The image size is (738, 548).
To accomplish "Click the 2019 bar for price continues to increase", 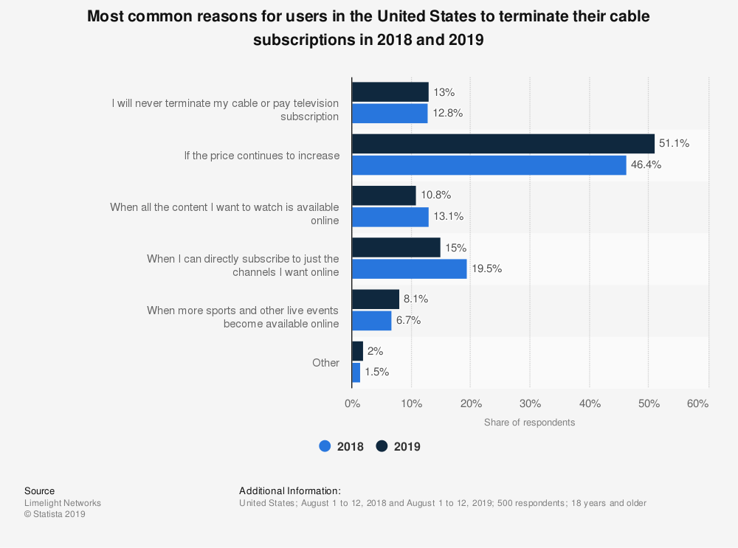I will tap(503, 144).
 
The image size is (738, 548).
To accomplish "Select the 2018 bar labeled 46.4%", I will tap(489, 165).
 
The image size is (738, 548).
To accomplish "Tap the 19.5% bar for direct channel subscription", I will tap(409, 268).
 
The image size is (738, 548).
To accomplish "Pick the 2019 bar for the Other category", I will tap(357, 351).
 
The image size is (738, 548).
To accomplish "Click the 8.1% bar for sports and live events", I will tap(375, 299).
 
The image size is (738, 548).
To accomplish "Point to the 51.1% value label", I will tap(674, 144).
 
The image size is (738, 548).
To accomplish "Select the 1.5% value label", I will tap(376, 372).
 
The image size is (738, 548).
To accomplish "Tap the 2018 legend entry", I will tap(342, 446).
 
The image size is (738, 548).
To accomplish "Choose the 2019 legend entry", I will tap(399, 446).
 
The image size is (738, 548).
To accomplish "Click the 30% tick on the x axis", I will tap(530, 403).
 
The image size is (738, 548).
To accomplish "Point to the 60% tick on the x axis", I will tap(697, 403).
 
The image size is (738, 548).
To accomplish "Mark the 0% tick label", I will tap(352, 403).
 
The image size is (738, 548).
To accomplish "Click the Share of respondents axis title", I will tap(529, 423).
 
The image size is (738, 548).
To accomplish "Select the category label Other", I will tap(325, 363).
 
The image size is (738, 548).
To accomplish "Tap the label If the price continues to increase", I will tap(262, 156).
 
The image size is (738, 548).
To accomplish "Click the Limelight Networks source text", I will tap(63, 503).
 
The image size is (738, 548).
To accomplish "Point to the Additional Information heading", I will tap(290, 490).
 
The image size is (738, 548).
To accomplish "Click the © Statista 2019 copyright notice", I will tap(55, 514).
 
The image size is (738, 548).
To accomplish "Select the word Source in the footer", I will tap(39, 490).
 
